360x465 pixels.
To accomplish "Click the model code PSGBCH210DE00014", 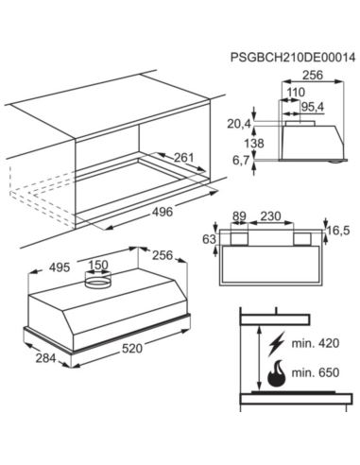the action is click(293, 58).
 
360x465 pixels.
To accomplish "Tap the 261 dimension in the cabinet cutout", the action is click(184, 157).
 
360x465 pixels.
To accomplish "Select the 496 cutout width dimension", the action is click(163, 212).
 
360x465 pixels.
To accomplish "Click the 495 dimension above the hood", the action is click(60, 267).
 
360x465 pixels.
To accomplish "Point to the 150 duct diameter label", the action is click(98, 265).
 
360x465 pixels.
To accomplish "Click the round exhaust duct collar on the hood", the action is click(98, 281).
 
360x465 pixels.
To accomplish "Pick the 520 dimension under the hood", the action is click(132, 348).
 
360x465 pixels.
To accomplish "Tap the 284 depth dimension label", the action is click(45, 358).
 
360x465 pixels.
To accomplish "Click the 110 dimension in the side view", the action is click(296, 92).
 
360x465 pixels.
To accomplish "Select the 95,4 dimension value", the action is click(311, 107).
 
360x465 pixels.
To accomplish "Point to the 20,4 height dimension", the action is click(239, 124).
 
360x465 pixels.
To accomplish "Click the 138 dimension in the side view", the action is click(254, 144).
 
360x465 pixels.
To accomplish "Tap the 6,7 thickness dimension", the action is click(241, 161).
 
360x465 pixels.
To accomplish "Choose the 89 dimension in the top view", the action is click(239, 216).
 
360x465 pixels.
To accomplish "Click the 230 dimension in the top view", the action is click(271, 216).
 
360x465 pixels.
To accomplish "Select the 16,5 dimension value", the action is click(338, 231).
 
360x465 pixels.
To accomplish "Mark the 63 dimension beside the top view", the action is click(209, 239).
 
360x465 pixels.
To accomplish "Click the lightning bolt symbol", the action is click(276, 343).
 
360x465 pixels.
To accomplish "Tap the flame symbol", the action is click(276, 373).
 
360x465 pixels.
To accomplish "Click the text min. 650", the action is click(316, 372).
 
